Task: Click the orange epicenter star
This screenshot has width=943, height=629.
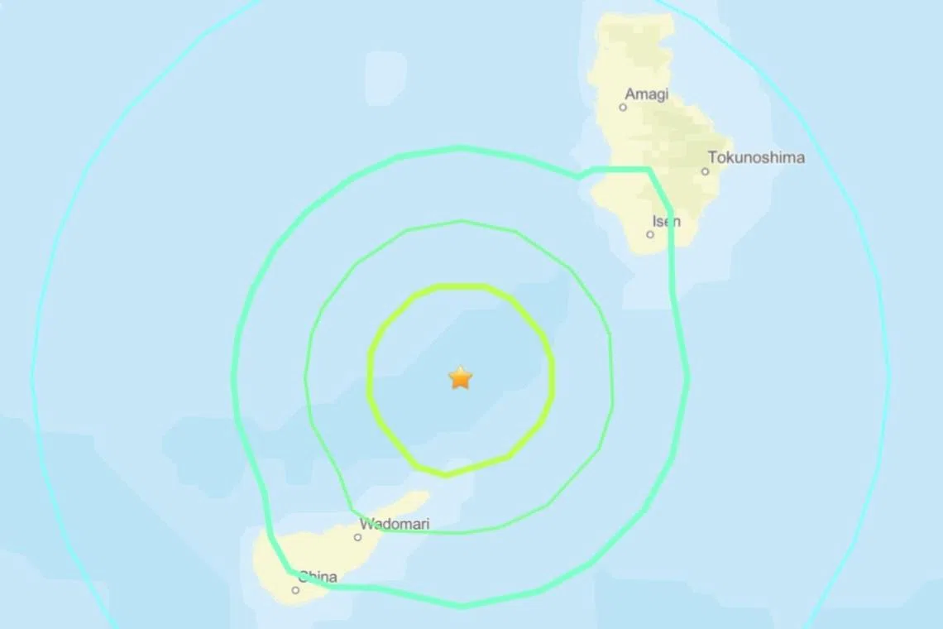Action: [x=460, y=378]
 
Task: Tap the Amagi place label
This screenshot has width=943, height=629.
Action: [x=647, y=94]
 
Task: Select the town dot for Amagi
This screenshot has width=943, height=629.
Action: [x=623, y=107]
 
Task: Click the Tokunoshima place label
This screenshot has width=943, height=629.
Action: [x=756, y=157]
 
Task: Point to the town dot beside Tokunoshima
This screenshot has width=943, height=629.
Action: [x=705, y=172]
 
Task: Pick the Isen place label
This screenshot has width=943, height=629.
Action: [x=667, y=221]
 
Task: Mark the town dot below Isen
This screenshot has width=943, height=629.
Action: [x=650, y=234]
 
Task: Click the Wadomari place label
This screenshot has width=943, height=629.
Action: [x=395, y=524]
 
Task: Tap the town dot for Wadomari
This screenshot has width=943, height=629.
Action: [x=357, y=537]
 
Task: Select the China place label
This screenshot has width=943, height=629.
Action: [x=318, y=577]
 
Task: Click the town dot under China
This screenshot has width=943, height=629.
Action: [x=295, y=590]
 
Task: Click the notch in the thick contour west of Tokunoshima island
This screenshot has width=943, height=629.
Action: [x=582, y=175]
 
